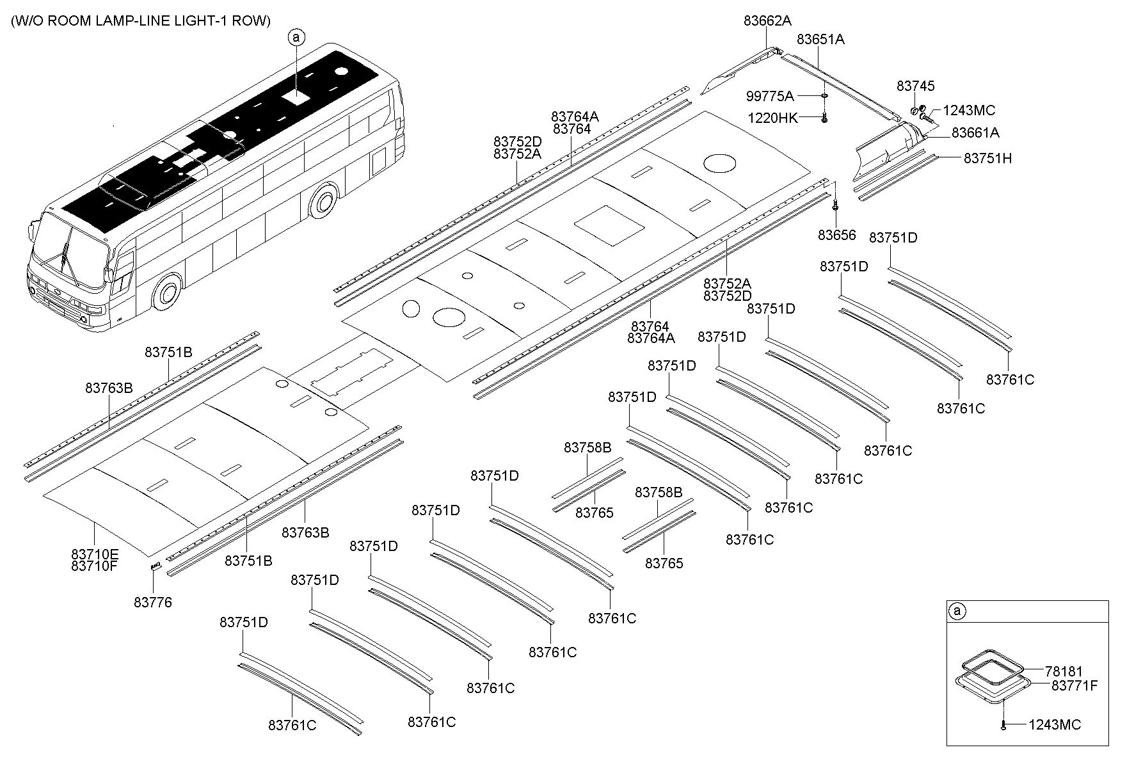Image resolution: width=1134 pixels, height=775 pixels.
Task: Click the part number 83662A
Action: [x=767, y=20]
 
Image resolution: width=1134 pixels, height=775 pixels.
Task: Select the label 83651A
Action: [x=820, y=40]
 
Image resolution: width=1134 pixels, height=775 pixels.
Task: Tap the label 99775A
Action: [x=769, y=97]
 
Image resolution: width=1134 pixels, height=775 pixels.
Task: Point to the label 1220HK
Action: [x=772, y=118]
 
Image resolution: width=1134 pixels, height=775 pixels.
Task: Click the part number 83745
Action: [x=915, y=86]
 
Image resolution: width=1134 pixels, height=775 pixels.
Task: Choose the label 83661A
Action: [x=975, y=133]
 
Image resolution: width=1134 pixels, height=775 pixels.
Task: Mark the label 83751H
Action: [x=987, y=158]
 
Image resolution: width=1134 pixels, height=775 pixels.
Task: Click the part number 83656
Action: [x=836, y=235]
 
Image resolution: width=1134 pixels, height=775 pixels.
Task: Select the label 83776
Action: [x=153, y=602]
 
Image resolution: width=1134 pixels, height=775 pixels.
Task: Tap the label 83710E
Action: [x=95, y=554]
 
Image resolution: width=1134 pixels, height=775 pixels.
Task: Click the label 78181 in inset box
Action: [x=1064, y=671]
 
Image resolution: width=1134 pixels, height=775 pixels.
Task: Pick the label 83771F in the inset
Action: [x=1074, y=685]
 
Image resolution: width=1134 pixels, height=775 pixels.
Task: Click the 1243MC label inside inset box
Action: [x=1055, y=724]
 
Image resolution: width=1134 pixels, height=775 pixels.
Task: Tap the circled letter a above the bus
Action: [x=296, y=38]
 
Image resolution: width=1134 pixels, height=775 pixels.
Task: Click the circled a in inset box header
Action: [x=957, y=611]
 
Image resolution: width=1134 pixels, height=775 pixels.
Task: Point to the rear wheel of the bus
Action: [x=323, y=202]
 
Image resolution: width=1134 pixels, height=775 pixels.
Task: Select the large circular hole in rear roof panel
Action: [x=719, y=163]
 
